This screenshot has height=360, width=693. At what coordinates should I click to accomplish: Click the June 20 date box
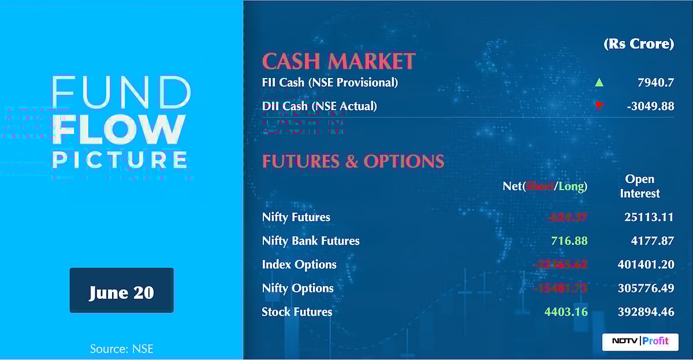point(121,291)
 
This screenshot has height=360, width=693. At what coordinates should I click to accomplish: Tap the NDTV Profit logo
point(640,341)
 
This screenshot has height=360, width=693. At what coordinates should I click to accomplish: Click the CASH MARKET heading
point(339,61)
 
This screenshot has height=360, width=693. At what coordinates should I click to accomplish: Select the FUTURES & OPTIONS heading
point(353,161)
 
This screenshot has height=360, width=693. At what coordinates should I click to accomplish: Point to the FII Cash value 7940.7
point(655,83)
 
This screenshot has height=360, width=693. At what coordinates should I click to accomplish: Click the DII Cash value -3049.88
point(649,106)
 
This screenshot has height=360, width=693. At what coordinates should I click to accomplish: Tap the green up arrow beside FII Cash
point(599,83)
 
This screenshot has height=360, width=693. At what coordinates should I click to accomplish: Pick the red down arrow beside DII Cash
point(599,106)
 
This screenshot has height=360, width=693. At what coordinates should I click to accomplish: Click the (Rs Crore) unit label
point(639,44)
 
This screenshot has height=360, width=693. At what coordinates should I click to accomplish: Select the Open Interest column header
point(640,186)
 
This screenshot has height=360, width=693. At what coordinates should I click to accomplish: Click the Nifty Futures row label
point(296,217)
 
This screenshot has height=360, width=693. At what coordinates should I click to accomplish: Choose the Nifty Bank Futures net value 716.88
point(567,241)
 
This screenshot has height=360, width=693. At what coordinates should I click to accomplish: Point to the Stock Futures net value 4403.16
point(566,312)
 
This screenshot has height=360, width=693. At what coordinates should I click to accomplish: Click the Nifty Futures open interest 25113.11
point(649,217)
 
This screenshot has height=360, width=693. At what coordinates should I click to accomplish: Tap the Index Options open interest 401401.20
point(646,265)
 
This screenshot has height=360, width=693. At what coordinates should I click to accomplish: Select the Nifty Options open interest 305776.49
point(646,288)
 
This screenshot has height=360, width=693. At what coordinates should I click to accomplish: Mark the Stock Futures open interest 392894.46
point(646,312)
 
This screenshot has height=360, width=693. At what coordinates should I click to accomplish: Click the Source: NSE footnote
point(121,348)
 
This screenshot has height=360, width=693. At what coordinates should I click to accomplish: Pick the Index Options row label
point(299,265)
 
